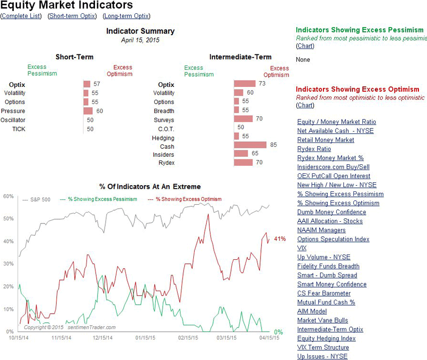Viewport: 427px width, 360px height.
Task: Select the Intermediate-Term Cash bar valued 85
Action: pos(250,145)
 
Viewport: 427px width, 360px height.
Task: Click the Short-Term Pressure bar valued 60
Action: pos(88,111)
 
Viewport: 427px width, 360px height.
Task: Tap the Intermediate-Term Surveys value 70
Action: pos(259,118)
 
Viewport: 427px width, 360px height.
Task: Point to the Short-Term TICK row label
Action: pos(19,129)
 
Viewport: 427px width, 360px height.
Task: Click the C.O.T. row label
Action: pos(166,128)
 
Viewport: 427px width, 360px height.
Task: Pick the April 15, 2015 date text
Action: pos(140,40)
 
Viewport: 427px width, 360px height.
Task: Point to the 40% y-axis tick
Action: pos(8,242)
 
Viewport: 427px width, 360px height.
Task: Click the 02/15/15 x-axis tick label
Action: pos(188,338)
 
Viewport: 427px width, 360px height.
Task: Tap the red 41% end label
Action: pos(280,238)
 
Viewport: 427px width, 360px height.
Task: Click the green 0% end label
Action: pos(278,332)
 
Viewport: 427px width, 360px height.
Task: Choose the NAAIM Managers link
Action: pos(321,230)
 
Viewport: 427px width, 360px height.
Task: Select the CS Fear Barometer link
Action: pos(323,293)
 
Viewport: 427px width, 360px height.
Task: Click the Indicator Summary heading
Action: pos(140,31)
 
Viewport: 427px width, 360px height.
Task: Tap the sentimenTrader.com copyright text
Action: pos(69,327)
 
